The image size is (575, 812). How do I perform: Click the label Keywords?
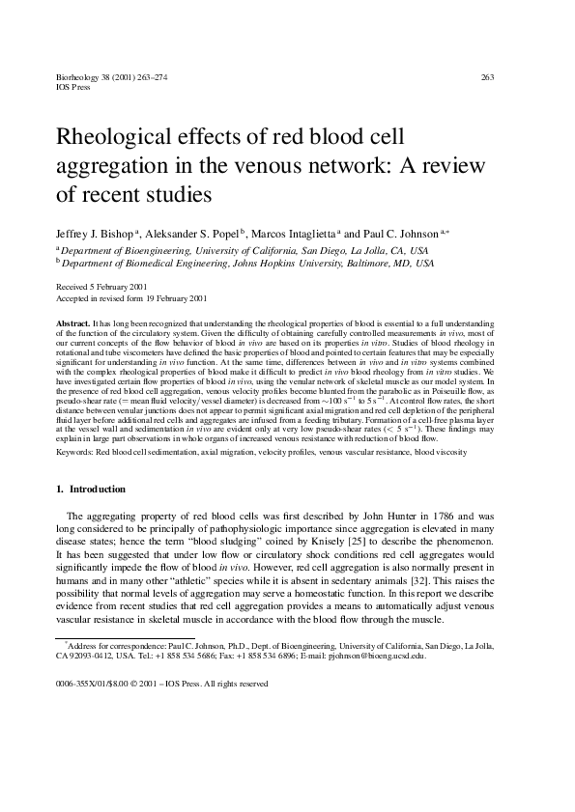click(x=75, y=451)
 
